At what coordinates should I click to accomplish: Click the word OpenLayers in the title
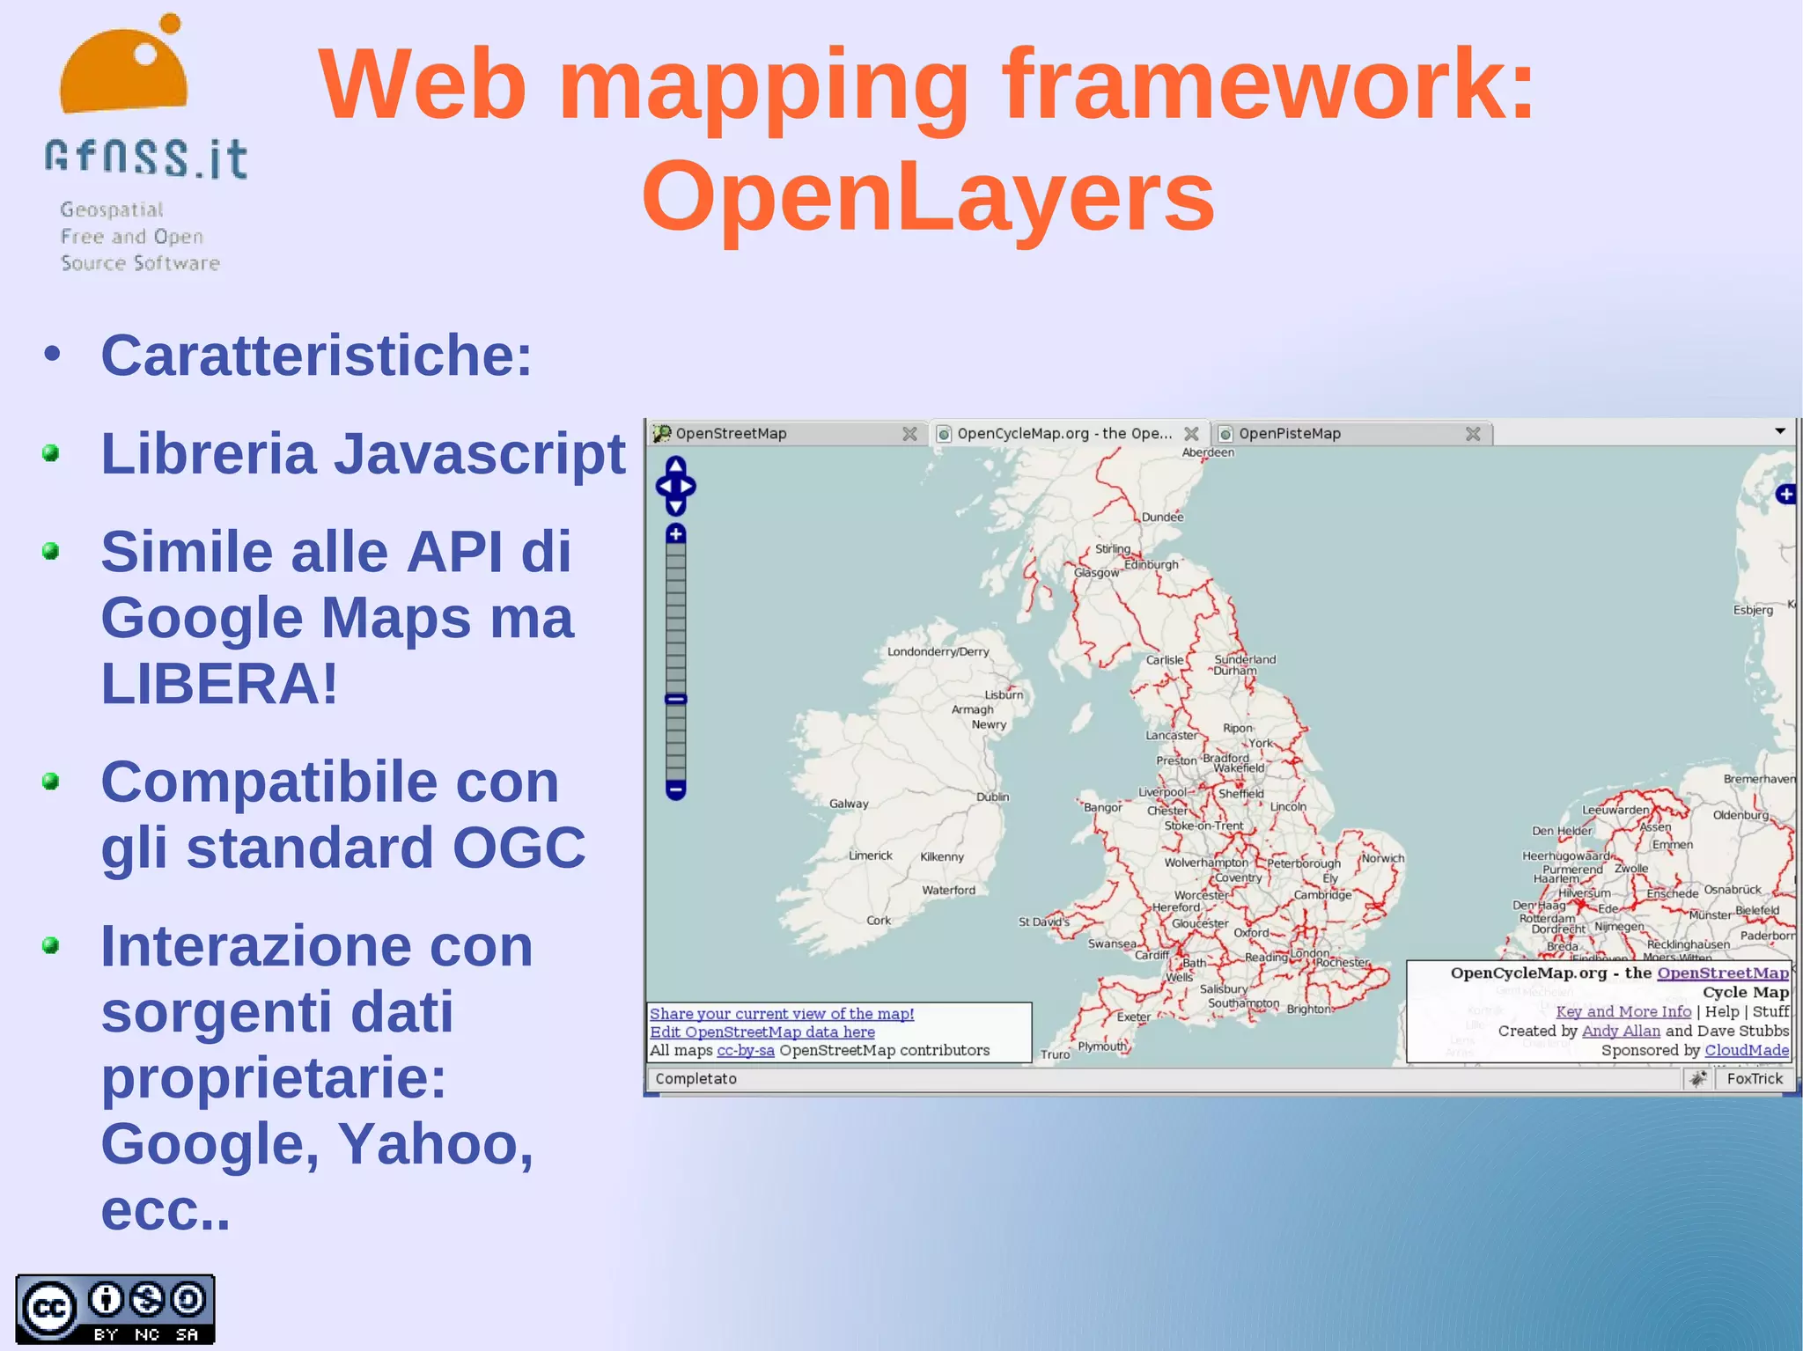[x=928, y=197]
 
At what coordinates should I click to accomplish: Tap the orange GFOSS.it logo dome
[x=123, y=76]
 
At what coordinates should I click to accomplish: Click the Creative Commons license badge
[x=115, y=1310]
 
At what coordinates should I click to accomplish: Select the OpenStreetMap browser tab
[x=731, y=434]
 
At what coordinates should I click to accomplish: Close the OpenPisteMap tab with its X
[x=1473, y=434]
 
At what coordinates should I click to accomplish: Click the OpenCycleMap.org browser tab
[x=1063, y=434]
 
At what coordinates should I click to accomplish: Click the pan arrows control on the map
[x=675, y=486]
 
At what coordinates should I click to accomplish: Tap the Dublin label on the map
[x=992, y=797]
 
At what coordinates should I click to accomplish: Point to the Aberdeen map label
[x=1208, y=453]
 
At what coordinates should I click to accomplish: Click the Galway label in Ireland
[x=849, y=804]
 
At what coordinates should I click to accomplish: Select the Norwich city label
[x=1383, y=858]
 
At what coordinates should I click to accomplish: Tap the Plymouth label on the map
[x=1102, y=1046]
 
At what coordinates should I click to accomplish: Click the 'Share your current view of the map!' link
[x=782, y=1014]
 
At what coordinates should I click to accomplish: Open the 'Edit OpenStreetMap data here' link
[x=762, y=1032]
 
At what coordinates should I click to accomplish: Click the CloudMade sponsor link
[x=1747, y=1050]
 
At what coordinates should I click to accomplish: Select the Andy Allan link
[x=1621, y=1031]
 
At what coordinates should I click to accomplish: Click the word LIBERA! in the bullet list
[x=219, y=684]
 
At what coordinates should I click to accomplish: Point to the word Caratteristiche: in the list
[x=316, y=356]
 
